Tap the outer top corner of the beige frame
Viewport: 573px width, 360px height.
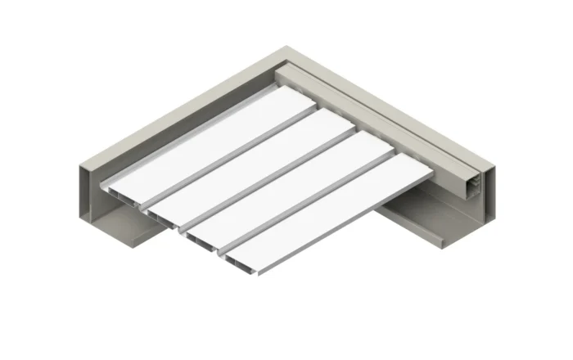[x=286, y=47]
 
